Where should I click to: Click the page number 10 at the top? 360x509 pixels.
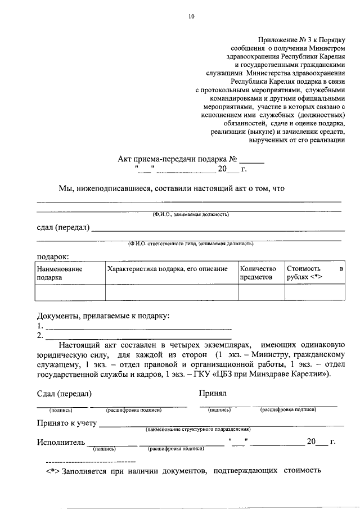tap(191, 17)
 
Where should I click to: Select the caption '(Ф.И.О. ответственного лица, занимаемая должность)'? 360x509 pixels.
tap(190, 244)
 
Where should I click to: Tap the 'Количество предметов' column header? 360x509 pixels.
tap(258, 273)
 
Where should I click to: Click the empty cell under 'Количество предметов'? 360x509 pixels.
tap(260, 292)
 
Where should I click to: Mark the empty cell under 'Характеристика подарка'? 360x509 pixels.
tap(172, 292)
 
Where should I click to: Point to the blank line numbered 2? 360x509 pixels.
tap(138, 336)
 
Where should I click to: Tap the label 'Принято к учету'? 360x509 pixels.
tap(67, 423)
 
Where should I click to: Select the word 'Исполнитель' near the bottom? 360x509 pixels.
tap(61, 442)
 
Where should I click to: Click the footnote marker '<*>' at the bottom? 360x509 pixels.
tap(53, 470)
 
